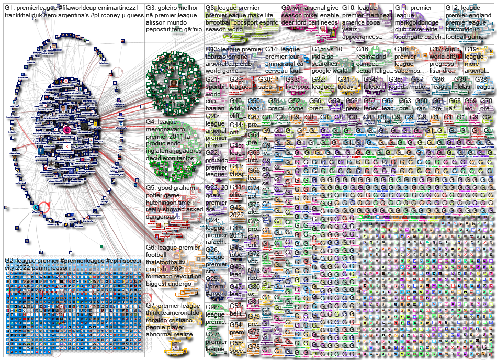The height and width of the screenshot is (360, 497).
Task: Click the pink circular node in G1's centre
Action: tap(67, 129)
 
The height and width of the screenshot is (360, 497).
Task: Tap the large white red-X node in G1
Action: tap(67, 147)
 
